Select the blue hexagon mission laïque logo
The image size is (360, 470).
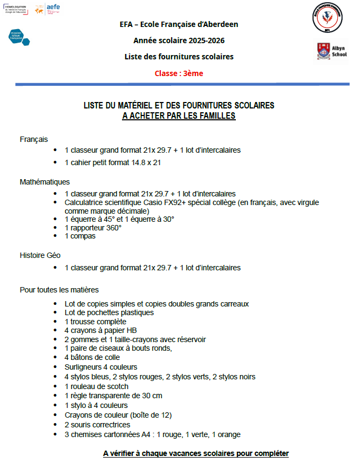[19, 37]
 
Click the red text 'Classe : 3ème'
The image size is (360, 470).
[179, 73]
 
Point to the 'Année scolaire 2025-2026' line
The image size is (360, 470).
[179, 40]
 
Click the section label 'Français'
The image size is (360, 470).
[34, 139]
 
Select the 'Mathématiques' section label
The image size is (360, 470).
[45, 182]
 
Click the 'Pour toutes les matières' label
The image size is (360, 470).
[59, 290]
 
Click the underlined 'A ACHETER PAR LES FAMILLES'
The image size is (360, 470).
[179, 115]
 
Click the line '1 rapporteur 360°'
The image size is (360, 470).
[93, 228]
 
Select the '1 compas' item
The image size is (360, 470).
[80, 236]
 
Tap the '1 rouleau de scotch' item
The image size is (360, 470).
[97, 386]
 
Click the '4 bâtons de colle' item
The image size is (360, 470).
[92, 357]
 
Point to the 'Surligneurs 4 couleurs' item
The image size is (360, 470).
[101, 367]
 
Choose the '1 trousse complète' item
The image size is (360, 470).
[96, 322]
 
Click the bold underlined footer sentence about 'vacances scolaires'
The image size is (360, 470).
[196, 453]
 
